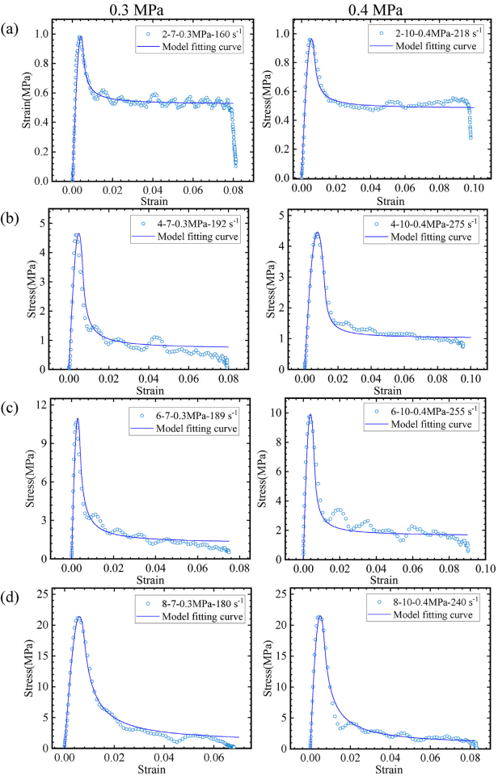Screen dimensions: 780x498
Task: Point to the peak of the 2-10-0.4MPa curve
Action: pyautogui.click(x=310, y=39)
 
